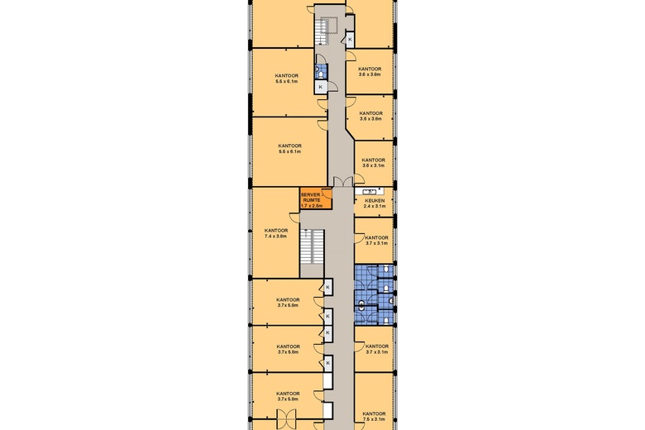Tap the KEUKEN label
(375, 200)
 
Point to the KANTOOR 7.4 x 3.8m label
(276, 233)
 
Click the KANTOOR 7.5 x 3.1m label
(375, 417)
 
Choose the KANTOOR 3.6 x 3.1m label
(375, 163)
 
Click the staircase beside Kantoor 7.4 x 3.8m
(311, 246)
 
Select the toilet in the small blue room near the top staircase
(321, 74)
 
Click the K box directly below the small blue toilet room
(321, 87)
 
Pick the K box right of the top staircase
(351, 39)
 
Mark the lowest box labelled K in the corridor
(328, 362)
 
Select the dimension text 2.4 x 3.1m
(375, 207)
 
